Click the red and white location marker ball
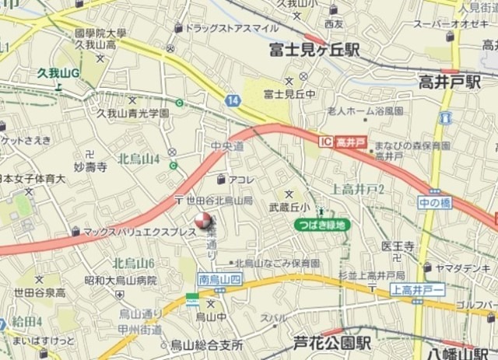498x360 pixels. [x=202, y=221]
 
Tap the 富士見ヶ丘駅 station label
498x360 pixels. [x=314, y=51]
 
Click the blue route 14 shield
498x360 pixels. [x=233, y=100]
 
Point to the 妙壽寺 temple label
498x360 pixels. [x=89, y=166]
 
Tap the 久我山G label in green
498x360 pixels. [x=59, y=74]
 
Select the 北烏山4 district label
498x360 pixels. [x=139, y=159]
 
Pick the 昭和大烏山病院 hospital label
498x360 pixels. [x=121, y=280]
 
